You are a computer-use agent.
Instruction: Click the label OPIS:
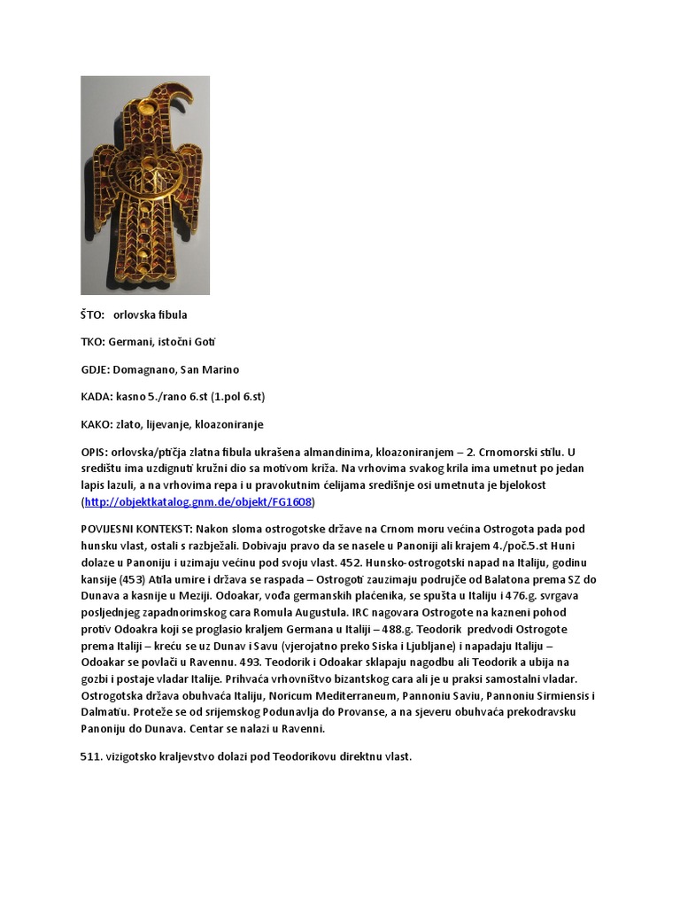click(94, 452)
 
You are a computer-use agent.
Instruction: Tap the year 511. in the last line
click(92, 758)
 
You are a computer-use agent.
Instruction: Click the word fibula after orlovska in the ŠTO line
click(171, 314)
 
